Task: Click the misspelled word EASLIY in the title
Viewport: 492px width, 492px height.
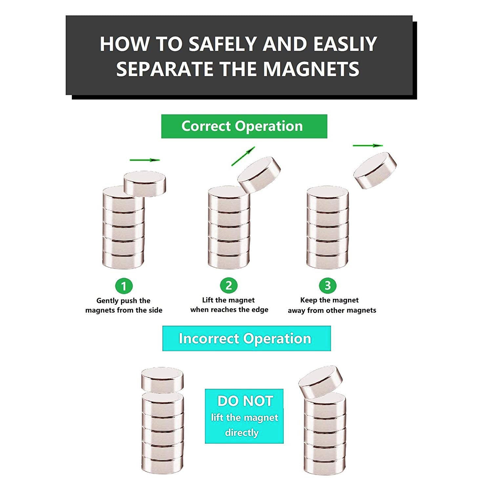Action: tap(345, 44)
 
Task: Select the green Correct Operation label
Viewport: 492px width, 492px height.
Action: tap(244, 126)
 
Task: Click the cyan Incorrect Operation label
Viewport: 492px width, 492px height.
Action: tap(247, 338)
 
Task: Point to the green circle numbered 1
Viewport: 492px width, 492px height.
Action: tap(124, 286)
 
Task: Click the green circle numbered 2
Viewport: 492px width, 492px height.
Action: tap(229, 286)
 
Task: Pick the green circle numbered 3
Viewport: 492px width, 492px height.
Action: tap(327, 286)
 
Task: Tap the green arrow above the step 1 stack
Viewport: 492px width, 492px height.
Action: tap(145, 160)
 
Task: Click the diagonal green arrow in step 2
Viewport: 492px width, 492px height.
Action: tap(243, 156)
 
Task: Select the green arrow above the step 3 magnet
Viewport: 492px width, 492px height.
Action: tap(368, 145)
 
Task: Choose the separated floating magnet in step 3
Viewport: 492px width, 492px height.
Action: tap(375, 170)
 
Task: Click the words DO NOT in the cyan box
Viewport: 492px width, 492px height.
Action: tap(245, 401)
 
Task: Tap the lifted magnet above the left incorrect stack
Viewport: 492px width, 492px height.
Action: tap(162, 380)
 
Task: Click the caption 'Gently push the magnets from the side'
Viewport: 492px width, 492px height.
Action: tap(124, 305)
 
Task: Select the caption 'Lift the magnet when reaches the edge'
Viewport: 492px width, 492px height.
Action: tap(229, 305)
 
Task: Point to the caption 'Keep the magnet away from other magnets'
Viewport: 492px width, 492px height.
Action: tap(332, 305)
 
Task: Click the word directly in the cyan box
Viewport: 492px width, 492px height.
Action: tap(242, 433)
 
